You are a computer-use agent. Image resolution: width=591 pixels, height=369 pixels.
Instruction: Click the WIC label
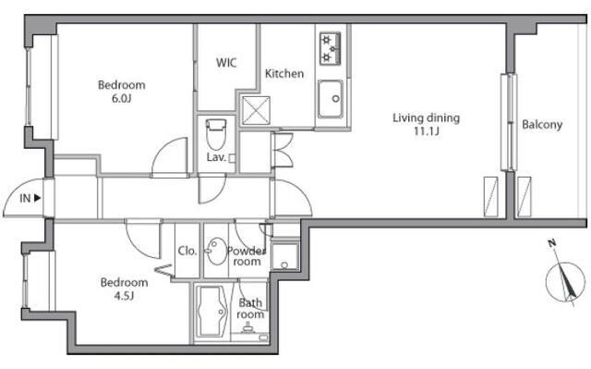(x=226, y=63)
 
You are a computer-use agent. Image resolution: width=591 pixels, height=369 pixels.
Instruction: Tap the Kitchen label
(x=284, y=74)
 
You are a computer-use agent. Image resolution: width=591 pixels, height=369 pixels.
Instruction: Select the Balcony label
(x=542, y=125)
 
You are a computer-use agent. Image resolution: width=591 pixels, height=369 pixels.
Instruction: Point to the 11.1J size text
(x=427, y=131)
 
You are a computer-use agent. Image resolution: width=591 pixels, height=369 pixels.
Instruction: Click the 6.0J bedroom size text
(x=121, y=99)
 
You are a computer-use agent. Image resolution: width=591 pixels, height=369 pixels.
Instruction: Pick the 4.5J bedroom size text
(x=124, y=296)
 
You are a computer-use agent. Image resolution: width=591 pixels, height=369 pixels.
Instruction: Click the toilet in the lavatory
(x=216, y=134)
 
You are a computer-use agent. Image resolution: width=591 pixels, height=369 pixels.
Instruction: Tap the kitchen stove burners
(x=331, y=49)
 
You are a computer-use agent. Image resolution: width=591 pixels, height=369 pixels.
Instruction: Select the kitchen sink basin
(x=331, y=99)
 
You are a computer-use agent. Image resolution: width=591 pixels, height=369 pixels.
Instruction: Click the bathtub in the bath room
(x=212, y=312)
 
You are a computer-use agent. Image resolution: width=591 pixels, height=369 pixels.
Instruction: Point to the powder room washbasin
(x=215, y=251)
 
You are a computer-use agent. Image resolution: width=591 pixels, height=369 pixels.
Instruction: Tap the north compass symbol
(x=565, y=281)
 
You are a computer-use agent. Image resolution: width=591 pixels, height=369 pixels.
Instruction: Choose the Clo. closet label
(x=187, y=251)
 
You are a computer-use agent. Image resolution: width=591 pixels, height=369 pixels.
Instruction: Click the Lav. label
(x=216, y=157)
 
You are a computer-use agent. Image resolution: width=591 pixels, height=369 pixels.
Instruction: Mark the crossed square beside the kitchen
(x=256, y=111)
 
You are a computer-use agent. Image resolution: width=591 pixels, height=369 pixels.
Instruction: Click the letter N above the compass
(x=552, y=243)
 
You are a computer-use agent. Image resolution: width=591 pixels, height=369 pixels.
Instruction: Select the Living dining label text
(x=427, y=117)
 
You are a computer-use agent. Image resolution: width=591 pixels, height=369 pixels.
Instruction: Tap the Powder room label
(x=247, y=256)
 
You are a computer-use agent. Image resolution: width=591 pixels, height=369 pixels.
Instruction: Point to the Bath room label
(x=250, y=308)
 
